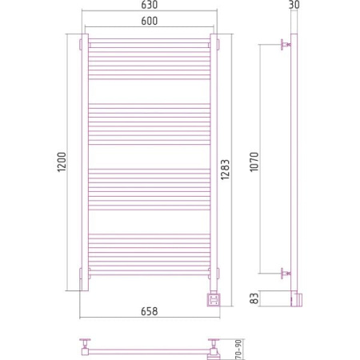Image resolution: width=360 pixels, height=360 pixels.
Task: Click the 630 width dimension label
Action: [150, 5]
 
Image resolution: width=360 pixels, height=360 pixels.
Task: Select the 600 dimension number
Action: [150, 21]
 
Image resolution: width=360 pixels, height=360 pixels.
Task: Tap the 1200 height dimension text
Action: [62, 162]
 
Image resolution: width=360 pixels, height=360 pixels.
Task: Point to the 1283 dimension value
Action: [225, 170]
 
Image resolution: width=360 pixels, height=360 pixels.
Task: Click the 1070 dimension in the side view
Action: [254, 162]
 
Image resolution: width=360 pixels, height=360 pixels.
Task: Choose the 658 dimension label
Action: [150, 311]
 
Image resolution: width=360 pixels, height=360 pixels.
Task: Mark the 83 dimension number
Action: [255, 298]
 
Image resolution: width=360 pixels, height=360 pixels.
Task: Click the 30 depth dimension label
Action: [294, 5]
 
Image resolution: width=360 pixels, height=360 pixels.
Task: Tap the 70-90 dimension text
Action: [239, 349]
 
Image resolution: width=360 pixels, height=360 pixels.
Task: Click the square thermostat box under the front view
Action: [214, 300]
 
